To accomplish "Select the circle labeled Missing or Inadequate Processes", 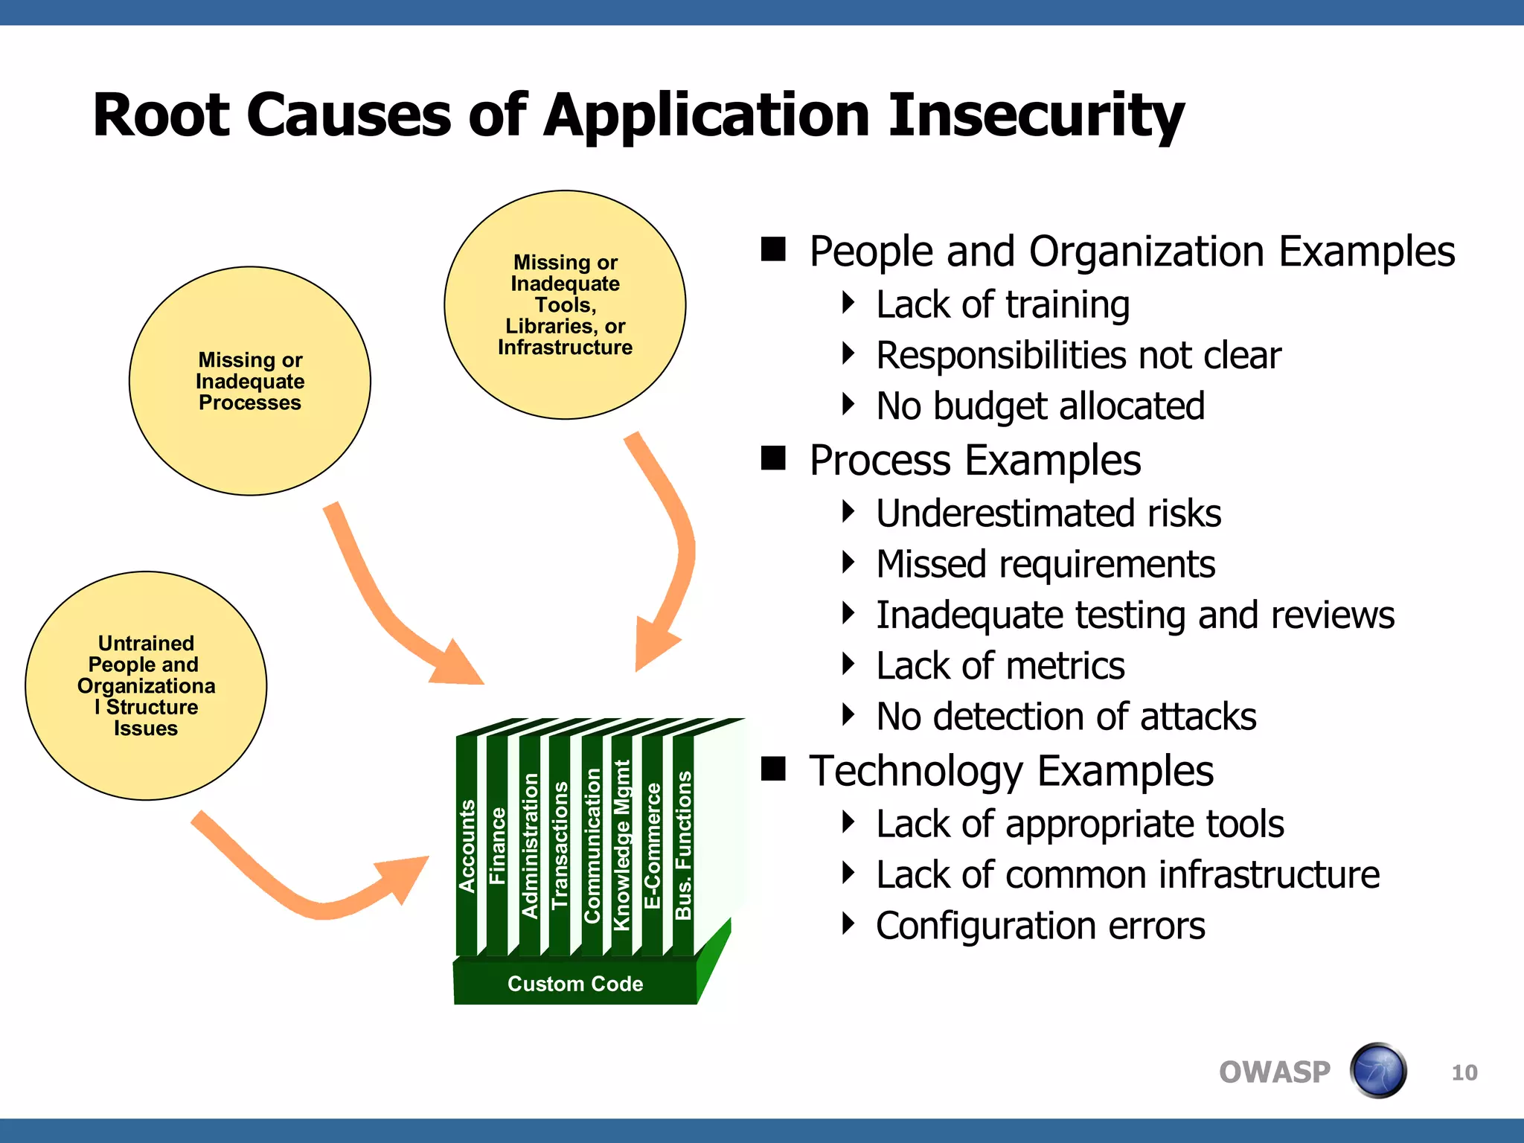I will point(250,381).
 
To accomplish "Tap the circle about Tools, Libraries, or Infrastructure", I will point(565,304).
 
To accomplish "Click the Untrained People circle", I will point(146,685).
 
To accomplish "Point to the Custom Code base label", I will point(574,984).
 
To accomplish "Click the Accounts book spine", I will point(467,846).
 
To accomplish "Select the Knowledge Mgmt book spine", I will point(621,845).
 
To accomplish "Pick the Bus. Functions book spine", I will point(683,845).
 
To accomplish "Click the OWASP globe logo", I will point(1378,1071).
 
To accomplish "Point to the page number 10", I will point(1464,1072).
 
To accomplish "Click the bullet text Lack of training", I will point(1002,304).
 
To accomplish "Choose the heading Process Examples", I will point(975,460).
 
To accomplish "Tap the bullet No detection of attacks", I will point(1066,717).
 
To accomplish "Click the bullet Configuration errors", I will point(1040,926).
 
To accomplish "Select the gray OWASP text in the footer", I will point(1274,1072).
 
